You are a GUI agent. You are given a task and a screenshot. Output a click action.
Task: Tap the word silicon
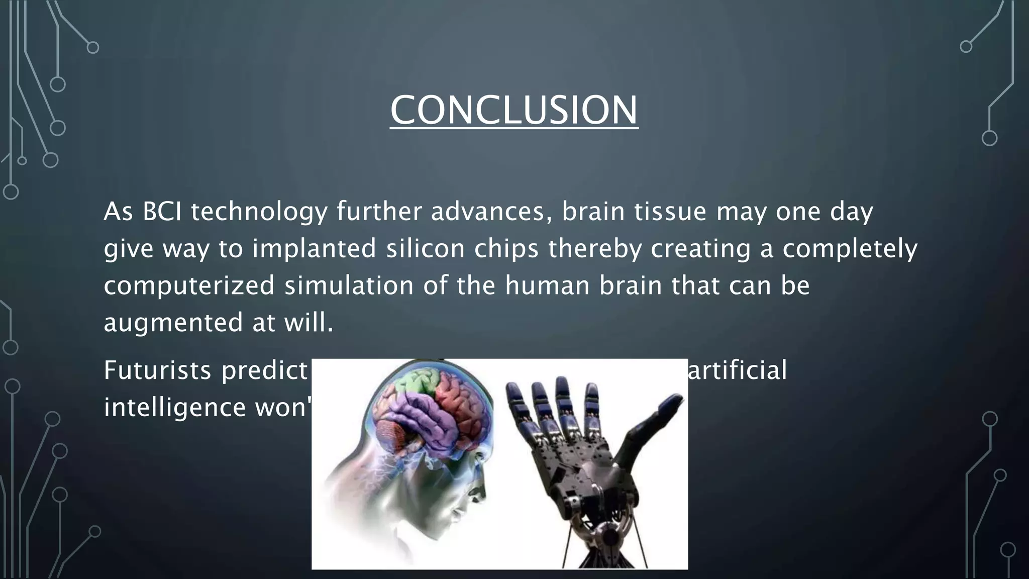pyautogui.click(x=425, y=248)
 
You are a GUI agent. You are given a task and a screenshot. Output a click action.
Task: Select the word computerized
pyautogui.click(x=189, y=285)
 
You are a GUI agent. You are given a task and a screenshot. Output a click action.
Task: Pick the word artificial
pyautogui.click(x=737, y=371)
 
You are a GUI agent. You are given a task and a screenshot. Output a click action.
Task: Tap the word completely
pyautogui.click(x=850, y=248)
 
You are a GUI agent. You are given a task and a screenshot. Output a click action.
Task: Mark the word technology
pyautogui.click(x=259, y=212)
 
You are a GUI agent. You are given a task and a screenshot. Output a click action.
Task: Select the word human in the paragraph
pyautogui.click(x=547, y=285)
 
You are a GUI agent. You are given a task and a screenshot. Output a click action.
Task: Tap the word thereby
pyautogui.click(x=594, y=248)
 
